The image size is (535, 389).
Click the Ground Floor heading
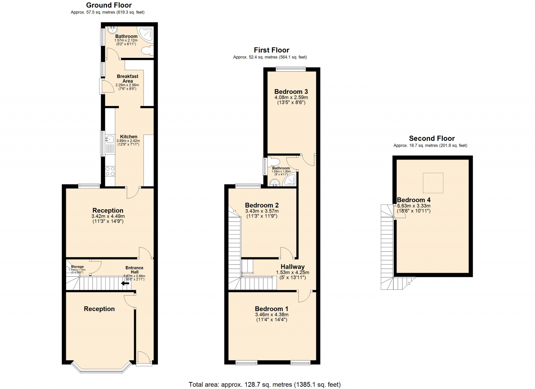point(109,5)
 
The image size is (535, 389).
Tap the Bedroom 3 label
point(291,92)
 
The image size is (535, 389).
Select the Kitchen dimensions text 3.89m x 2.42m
point(128,141)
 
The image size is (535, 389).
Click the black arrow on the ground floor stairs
point(125,283)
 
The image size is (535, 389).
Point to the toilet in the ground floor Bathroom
point(146,50)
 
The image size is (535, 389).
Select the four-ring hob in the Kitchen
point(110,171)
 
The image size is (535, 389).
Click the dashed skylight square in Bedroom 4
point(433,183)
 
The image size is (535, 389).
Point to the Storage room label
point(77,267)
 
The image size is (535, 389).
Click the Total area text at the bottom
point(264,384)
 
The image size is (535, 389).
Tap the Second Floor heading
point(432,138)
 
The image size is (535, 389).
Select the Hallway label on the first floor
point(292,267)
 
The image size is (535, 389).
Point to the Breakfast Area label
point(127,79)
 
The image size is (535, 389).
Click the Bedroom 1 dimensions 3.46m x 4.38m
point(272,314)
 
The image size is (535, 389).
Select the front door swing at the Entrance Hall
point(144,357)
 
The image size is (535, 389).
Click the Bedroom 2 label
point(261,205)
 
